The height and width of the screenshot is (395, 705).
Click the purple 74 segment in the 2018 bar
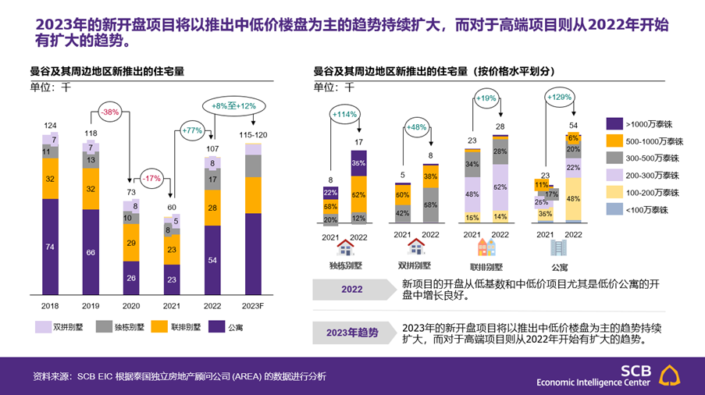(51, 247)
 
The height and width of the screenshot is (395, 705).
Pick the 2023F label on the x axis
(254, 304)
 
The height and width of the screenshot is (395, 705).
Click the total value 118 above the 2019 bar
(91, 133)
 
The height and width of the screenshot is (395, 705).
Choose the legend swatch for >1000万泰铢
(614, 123)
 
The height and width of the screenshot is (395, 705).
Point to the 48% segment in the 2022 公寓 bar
(573, 200)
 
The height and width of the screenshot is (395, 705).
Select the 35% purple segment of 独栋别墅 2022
(358, 164)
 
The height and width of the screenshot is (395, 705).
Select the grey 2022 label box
(351, 290)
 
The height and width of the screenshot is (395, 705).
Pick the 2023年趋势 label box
(351, 333)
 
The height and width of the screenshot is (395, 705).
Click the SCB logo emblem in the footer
(670, 375)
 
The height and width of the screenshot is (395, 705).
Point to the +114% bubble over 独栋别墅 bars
(344, 114)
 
